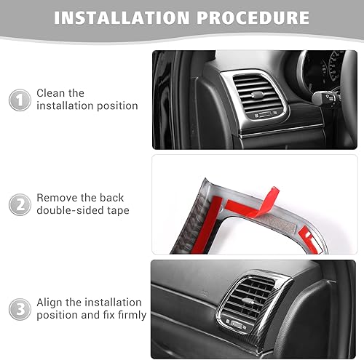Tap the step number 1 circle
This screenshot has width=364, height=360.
tap(20, 100)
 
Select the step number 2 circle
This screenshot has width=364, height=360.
tap(20, 204)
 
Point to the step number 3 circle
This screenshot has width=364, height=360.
tap(20, 308)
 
